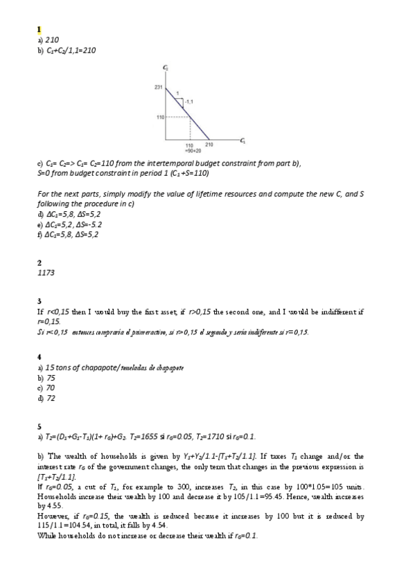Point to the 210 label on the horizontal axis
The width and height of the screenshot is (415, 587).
(209, 144)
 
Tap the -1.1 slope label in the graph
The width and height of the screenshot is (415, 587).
(188, 102)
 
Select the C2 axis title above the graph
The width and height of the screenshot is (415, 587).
(165, 68)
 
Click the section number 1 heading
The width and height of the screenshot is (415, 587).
(39, 29)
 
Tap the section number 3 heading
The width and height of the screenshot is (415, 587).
(39, 301)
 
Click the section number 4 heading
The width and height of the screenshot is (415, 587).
(39, 356)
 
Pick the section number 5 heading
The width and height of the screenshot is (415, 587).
(39, 426)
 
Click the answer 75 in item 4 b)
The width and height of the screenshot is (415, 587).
(51, 379)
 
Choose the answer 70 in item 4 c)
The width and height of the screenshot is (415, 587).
(51, 388)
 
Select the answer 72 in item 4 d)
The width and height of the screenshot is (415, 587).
(51, 398)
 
